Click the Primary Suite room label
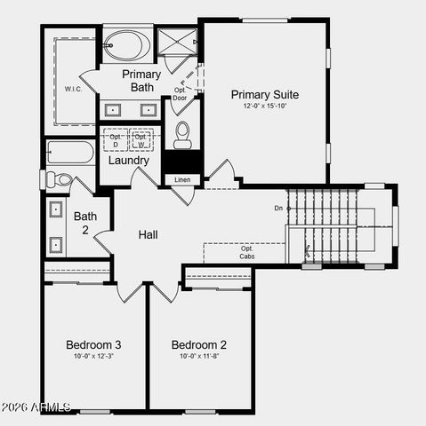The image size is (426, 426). (264, 94)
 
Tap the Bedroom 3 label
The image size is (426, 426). (93, 344)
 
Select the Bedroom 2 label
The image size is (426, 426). (199, 344)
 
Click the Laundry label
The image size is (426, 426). (129, 161)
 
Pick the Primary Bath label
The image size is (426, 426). (141, 81)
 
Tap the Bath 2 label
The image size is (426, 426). (85, 221)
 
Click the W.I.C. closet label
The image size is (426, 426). (73, 89)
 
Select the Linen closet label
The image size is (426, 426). (181, 180)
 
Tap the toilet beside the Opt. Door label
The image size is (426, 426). (182, 134)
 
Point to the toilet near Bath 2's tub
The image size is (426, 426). (60, 179)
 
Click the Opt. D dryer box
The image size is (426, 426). (116, 140)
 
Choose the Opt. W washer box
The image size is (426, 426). (142, 140)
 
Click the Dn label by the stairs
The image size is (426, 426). (278, 208)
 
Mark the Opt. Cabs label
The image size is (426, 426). (247, 252)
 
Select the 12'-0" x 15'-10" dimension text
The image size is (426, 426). (264, 106)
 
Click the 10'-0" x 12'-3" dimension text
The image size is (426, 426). (93, 357)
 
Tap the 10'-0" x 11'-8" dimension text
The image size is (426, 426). (199, 357)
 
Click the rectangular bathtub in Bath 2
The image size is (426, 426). (70, 153)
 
